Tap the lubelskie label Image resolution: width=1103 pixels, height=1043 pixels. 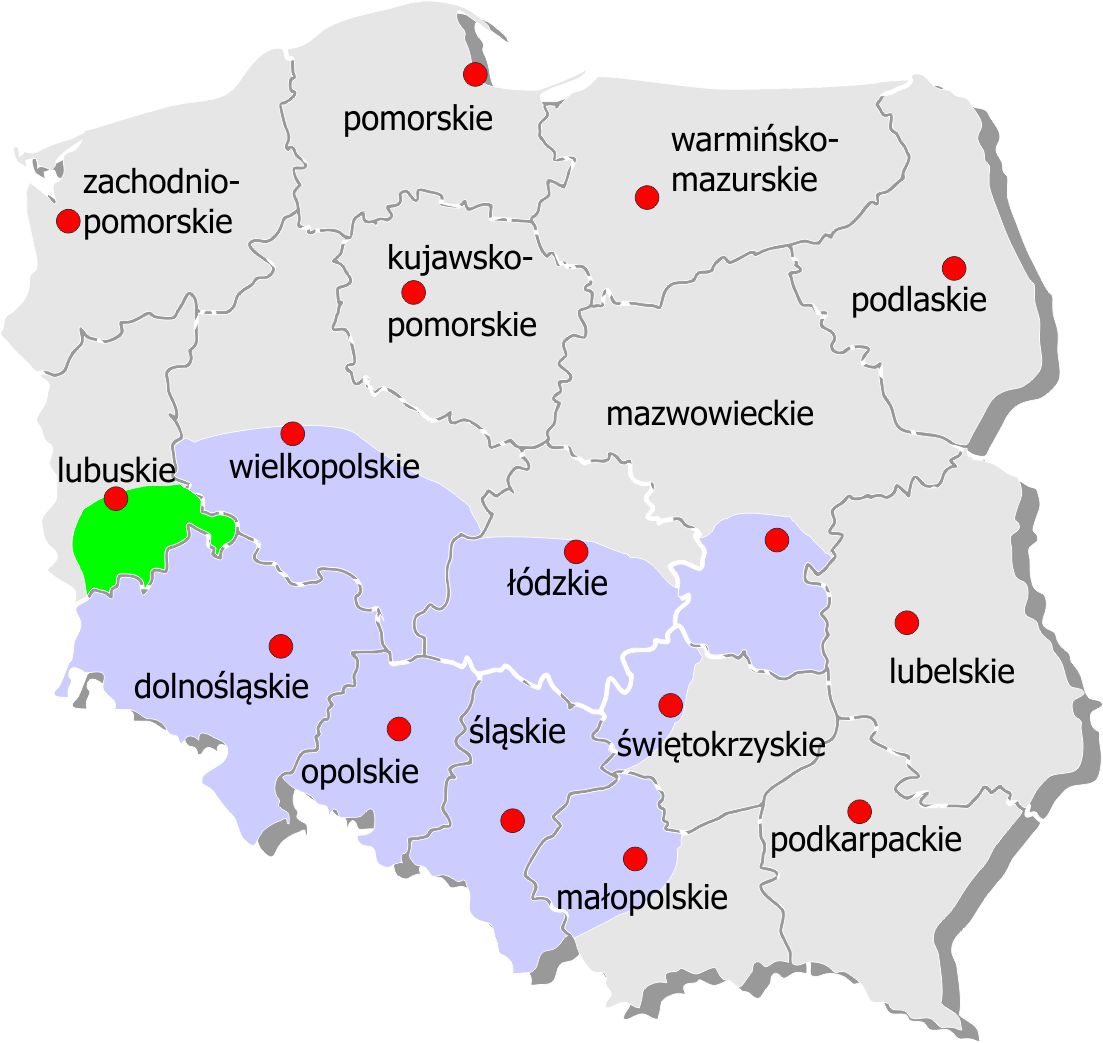click(951, 670)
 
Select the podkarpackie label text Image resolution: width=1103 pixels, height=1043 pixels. click(865, 840)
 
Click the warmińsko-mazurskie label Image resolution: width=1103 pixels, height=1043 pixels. click(754, 160)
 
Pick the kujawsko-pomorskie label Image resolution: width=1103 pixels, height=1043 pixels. click(461, 293)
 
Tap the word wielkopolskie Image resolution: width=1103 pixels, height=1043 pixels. click(324, 466)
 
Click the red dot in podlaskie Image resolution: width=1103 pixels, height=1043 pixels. click(953, 268)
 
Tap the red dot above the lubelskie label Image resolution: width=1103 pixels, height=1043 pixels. click(906, 623)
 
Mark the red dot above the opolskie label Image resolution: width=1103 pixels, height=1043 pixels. click(399, 729)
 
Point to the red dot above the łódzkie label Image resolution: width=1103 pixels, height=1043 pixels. click(575, 551)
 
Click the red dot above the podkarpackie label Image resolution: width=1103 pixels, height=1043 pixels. click(858, 810)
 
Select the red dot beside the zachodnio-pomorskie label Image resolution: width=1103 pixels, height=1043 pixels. click(68, 221)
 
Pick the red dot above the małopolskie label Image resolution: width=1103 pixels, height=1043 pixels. click(634, 858)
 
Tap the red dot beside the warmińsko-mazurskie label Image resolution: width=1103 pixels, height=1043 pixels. click(647, 197)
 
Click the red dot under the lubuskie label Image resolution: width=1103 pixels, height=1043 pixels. click(116, 498)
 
